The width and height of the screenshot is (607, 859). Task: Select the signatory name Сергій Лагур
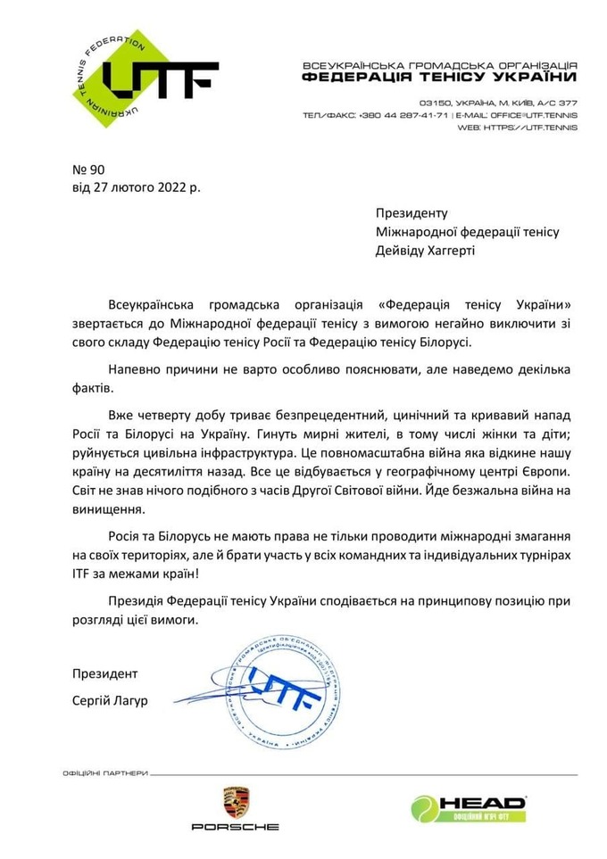point(109,700)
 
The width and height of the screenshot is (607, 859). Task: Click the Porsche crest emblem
point(236,802)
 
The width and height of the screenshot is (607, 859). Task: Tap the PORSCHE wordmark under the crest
point(236,827)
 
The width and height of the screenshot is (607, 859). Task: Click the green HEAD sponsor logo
point(468,808)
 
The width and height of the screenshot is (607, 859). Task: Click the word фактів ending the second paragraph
point(91,389)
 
